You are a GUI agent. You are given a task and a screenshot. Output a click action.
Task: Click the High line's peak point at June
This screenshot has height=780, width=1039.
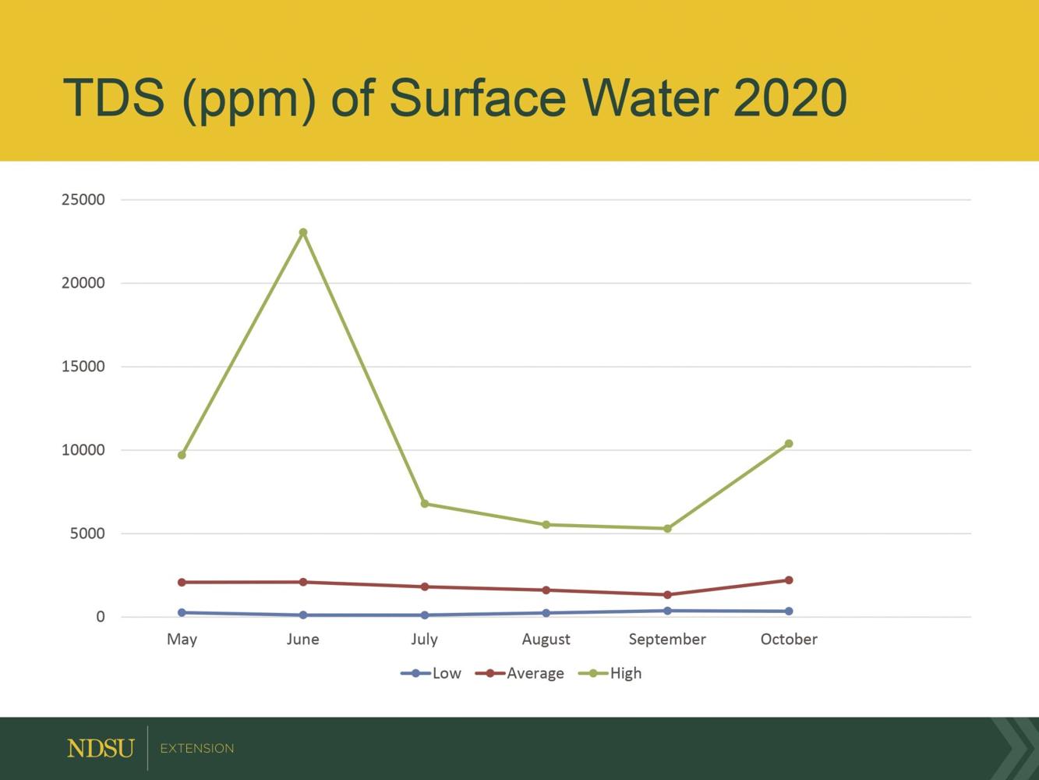303,232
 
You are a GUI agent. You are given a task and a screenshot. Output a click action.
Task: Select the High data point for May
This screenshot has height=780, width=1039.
182,455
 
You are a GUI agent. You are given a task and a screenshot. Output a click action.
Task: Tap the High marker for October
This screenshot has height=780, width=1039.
789,444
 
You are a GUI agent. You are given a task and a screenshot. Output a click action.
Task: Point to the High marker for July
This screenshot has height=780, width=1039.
425,504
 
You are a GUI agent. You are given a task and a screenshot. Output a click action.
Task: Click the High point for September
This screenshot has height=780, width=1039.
667,529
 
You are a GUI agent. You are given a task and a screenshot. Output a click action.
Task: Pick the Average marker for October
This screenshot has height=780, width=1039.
789,580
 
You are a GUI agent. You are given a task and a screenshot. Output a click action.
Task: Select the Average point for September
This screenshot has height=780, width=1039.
667,595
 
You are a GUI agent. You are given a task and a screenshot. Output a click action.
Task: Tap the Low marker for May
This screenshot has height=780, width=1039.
182,612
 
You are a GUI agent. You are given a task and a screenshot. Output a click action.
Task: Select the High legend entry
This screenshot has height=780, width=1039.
611,673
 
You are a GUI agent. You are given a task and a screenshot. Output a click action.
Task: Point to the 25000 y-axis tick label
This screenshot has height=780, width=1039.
83,200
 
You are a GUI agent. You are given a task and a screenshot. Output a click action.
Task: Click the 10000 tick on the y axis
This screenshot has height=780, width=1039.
83,450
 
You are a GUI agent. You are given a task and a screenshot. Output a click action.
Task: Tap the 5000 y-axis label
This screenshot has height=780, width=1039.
87,534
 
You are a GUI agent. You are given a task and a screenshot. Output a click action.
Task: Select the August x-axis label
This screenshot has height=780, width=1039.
546,640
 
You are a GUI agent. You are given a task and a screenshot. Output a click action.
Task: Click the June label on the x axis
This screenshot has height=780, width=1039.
303,640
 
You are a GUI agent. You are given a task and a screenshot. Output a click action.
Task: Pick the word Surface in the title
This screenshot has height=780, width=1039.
477,98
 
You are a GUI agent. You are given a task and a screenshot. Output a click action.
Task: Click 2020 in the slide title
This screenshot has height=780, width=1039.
790,98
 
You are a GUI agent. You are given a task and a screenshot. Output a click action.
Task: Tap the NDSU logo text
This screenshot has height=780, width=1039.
101,749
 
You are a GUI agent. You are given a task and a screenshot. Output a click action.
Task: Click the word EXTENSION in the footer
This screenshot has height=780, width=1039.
196,749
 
